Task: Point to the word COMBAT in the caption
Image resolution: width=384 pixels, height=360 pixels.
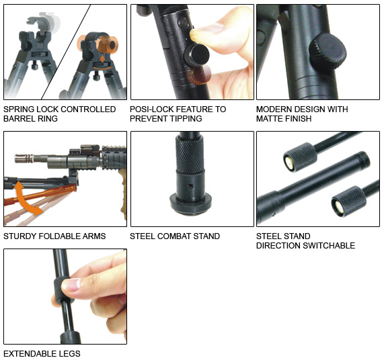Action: coord(174,236)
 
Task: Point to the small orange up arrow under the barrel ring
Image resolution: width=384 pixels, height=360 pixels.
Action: coord(102,58)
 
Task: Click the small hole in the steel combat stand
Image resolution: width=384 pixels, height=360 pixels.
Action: coord(190,187)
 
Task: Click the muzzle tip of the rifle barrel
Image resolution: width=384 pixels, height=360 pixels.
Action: coord(15,159)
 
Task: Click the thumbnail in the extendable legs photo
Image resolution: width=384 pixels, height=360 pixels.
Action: coord(71,285)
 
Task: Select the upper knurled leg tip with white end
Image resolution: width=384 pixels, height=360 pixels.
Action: coord(300,158)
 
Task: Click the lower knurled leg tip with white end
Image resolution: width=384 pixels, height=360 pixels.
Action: coord(349,201)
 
